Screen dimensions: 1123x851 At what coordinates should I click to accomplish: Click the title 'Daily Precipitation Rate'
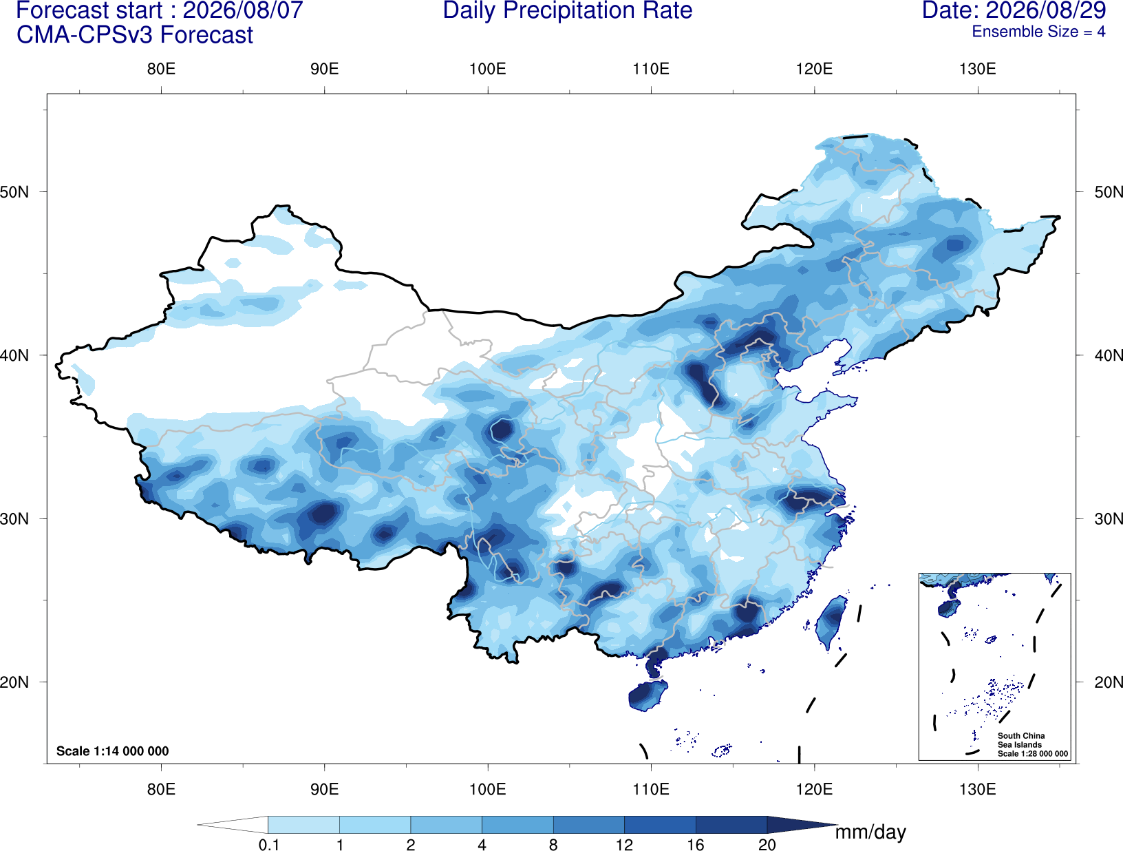point(568,11)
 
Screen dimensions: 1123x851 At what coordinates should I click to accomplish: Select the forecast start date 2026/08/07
point(242,11)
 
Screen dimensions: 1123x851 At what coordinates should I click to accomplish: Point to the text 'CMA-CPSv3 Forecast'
point(135,35)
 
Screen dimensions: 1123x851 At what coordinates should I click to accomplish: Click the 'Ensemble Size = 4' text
point(1038,32)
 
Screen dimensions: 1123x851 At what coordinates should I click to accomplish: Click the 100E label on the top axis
point(488,69)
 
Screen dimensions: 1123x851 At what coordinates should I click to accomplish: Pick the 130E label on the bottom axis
point(978,789)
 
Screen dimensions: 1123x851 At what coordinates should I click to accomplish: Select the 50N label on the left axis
point(14,192)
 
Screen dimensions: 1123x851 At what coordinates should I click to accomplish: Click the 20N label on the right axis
point(1109,682)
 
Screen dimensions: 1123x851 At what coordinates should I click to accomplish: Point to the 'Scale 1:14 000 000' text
point(113,751)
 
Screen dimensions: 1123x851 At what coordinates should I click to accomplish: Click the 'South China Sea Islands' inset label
point(1020,740)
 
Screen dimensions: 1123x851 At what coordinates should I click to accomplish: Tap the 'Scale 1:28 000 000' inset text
point(1032,754)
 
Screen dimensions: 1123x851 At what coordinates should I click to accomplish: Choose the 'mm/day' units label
point(870,832)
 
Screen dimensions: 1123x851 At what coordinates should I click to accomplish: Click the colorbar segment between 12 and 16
point(660,825)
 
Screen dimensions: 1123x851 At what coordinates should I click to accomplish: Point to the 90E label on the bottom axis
point(324,789)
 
